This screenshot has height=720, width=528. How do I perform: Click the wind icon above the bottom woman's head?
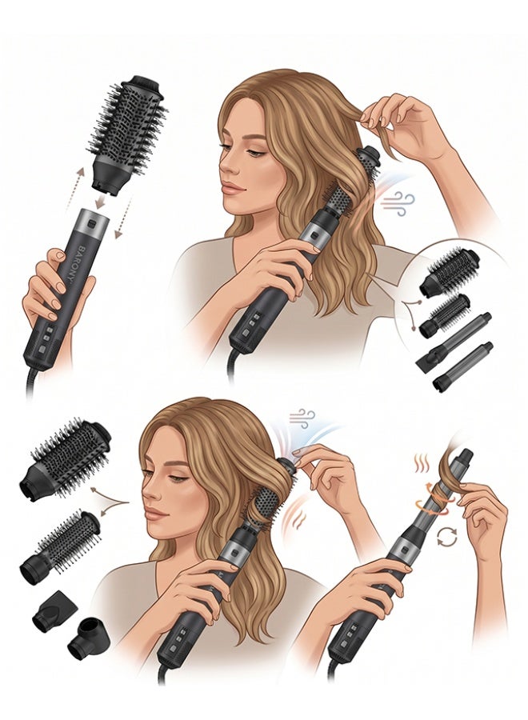click(x=302, y=418)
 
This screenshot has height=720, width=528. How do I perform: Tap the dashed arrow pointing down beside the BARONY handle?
click(x=123, y=217)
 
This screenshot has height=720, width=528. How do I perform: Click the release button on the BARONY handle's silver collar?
click(x=92, y=225)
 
